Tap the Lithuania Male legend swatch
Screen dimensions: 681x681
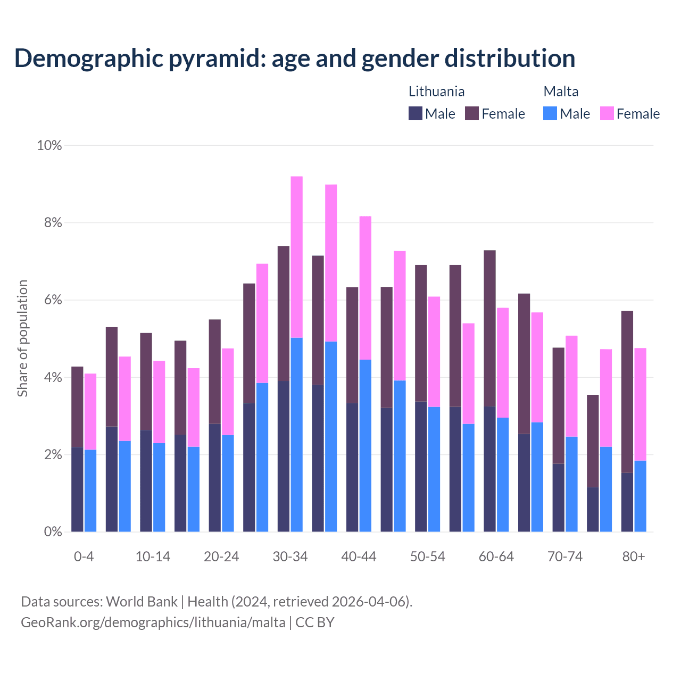coord(416,113)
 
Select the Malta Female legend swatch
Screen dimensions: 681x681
coord(607,113)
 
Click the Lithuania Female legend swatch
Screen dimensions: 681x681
coord(472,113)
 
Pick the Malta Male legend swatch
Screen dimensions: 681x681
coord(550,113)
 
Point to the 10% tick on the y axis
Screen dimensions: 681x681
coord(49,145)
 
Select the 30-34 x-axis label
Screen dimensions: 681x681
coord(290,557)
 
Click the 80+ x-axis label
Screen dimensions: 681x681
coord(634,557)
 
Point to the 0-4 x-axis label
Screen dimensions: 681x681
coord(84,557)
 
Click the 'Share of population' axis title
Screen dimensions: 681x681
coord(23,338)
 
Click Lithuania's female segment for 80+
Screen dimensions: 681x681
coord(627,392)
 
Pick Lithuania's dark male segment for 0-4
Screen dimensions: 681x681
coord(77,489)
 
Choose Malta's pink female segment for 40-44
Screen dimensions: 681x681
coord(366,288)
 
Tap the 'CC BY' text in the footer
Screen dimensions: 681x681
coord(315,622)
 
